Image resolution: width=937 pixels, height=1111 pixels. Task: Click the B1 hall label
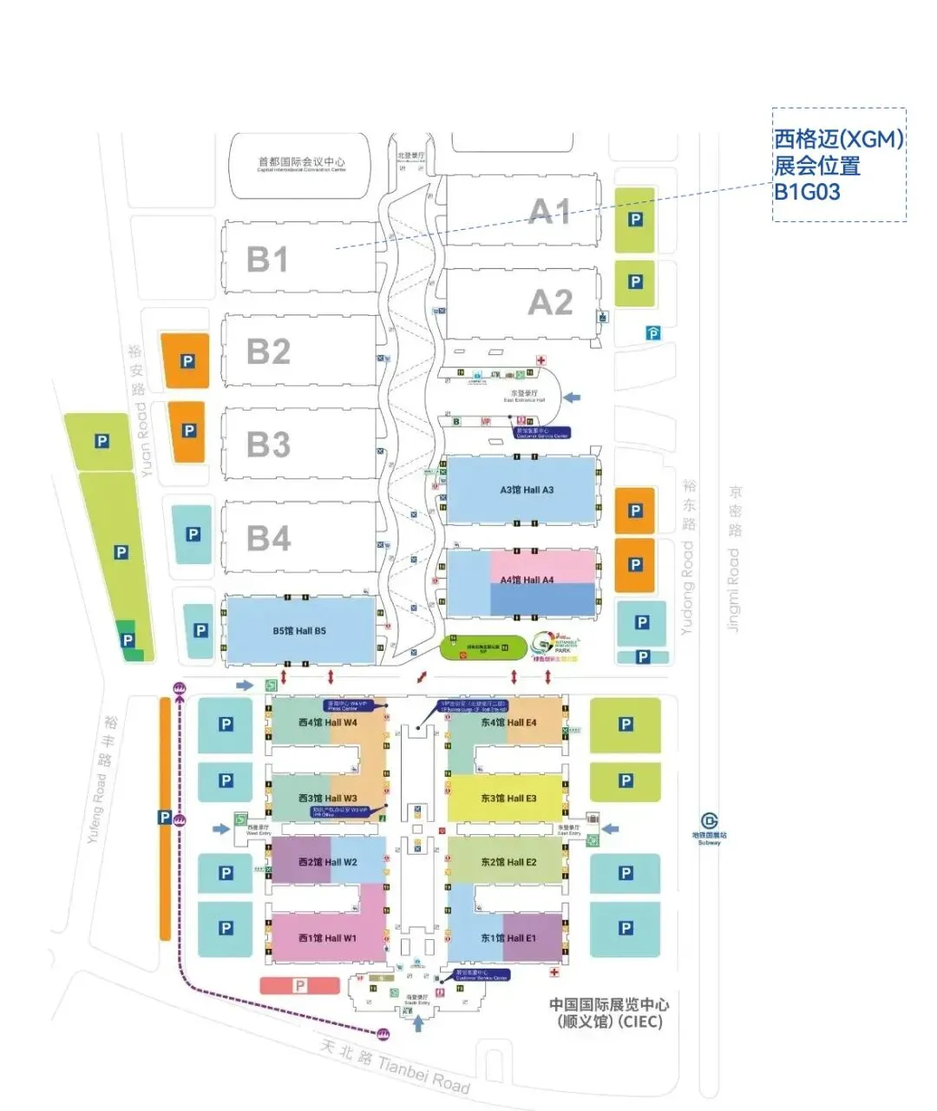[x=267, y=260]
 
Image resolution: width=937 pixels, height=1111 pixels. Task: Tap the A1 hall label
[x=550, y=212]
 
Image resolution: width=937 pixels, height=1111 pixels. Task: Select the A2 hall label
[x=550, y=303]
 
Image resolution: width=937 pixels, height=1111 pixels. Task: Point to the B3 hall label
[x=268, y=444]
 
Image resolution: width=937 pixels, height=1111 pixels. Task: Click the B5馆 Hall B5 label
[x=299, y=631]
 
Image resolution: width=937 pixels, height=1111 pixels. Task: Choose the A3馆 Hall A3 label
[x=527, y=490]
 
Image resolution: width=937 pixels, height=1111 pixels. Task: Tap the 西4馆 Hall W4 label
[x=327, y=722]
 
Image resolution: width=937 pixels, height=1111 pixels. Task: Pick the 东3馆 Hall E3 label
[x=508, y=799]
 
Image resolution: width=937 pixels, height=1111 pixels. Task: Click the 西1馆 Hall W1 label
[x=327, y=938]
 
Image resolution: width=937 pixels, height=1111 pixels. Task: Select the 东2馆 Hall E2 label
[x=508, y=862]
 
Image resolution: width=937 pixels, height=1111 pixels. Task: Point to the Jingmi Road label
[x=734, y=590]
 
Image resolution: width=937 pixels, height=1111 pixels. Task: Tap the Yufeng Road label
[x=95, y=809]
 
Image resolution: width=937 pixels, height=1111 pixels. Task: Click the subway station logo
[x=710, y=821]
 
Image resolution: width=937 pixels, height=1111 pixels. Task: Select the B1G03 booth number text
[x=807, y=192]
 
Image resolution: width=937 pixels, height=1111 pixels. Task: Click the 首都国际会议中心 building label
[x=301, y=161]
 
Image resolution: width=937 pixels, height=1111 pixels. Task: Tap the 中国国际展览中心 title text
[x=609, y=1004]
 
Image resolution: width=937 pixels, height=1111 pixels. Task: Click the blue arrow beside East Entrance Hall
[x=572, y=398]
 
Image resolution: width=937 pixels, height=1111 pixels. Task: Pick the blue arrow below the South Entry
[x=418, y=1024]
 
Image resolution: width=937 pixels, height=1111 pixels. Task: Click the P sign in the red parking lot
[x=300, y=986]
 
